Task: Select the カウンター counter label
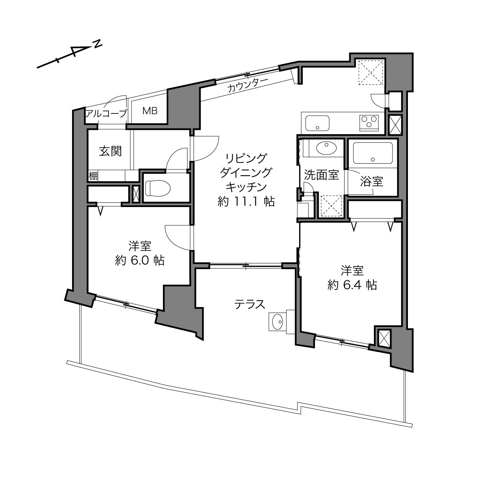pos(248,85)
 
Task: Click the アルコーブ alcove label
pos(106,114)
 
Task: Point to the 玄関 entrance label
pos(110,151)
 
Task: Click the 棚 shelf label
pos(93,176)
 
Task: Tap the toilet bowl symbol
pos(158,188)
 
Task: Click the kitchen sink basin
pos(317,123)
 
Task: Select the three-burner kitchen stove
pos(369,123)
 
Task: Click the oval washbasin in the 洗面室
pos(326,148)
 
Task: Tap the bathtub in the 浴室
pos(373,153)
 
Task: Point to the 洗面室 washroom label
pos(321,175)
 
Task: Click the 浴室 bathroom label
pos(372,182)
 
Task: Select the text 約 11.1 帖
pos(246,202)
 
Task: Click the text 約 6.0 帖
pos(140,261)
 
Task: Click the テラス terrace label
pos(250,304)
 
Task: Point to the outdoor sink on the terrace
pos(278,322)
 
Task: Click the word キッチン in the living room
pos(246,187)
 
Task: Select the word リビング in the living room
pos(246,158)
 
